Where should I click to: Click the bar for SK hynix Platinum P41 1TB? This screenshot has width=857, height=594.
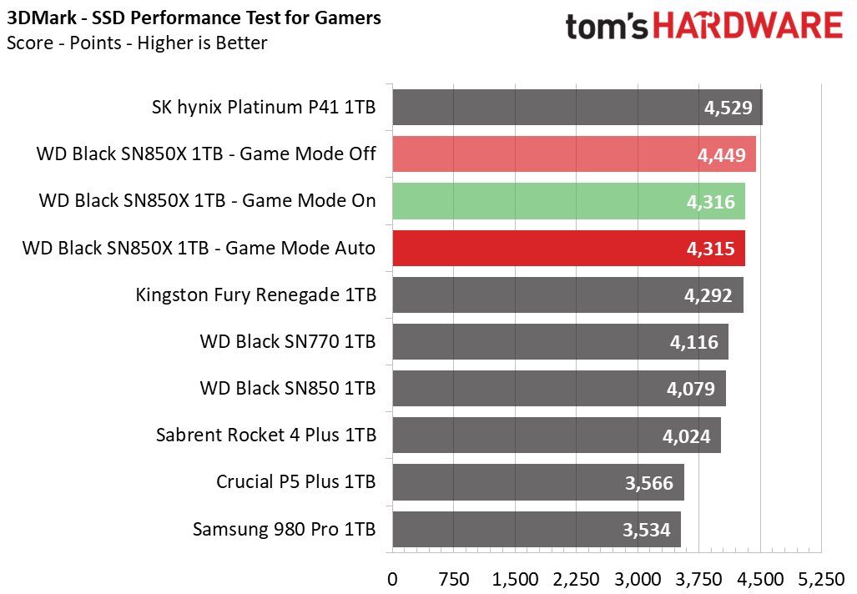577,107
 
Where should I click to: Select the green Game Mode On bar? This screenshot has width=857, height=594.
568,201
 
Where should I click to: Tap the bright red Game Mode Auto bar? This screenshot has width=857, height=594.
568,248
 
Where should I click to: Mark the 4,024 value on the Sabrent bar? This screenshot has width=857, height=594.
685,435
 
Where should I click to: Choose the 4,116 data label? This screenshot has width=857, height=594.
693,341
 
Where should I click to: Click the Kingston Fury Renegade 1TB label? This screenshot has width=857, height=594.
255,294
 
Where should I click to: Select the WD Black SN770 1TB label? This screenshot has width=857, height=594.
288,341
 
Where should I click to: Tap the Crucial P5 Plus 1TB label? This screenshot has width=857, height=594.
295,481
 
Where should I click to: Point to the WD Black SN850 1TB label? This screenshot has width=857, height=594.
288,388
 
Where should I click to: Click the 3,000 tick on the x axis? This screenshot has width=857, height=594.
638,577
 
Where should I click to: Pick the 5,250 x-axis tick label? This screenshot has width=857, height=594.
821,577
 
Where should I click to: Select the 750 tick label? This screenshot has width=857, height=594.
453,577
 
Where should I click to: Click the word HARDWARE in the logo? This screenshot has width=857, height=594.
748,27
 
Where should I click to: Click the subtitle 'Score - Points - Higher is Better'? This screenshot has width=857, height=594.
137,43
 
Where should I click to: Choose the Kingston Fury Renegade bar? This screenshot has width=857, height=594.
567,294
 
